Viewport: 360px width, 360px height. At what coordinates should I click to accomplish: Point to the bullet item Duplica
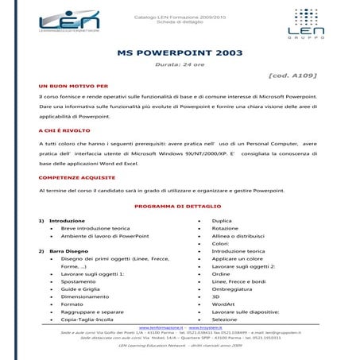pyautogui.click(x=222, y=220)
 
